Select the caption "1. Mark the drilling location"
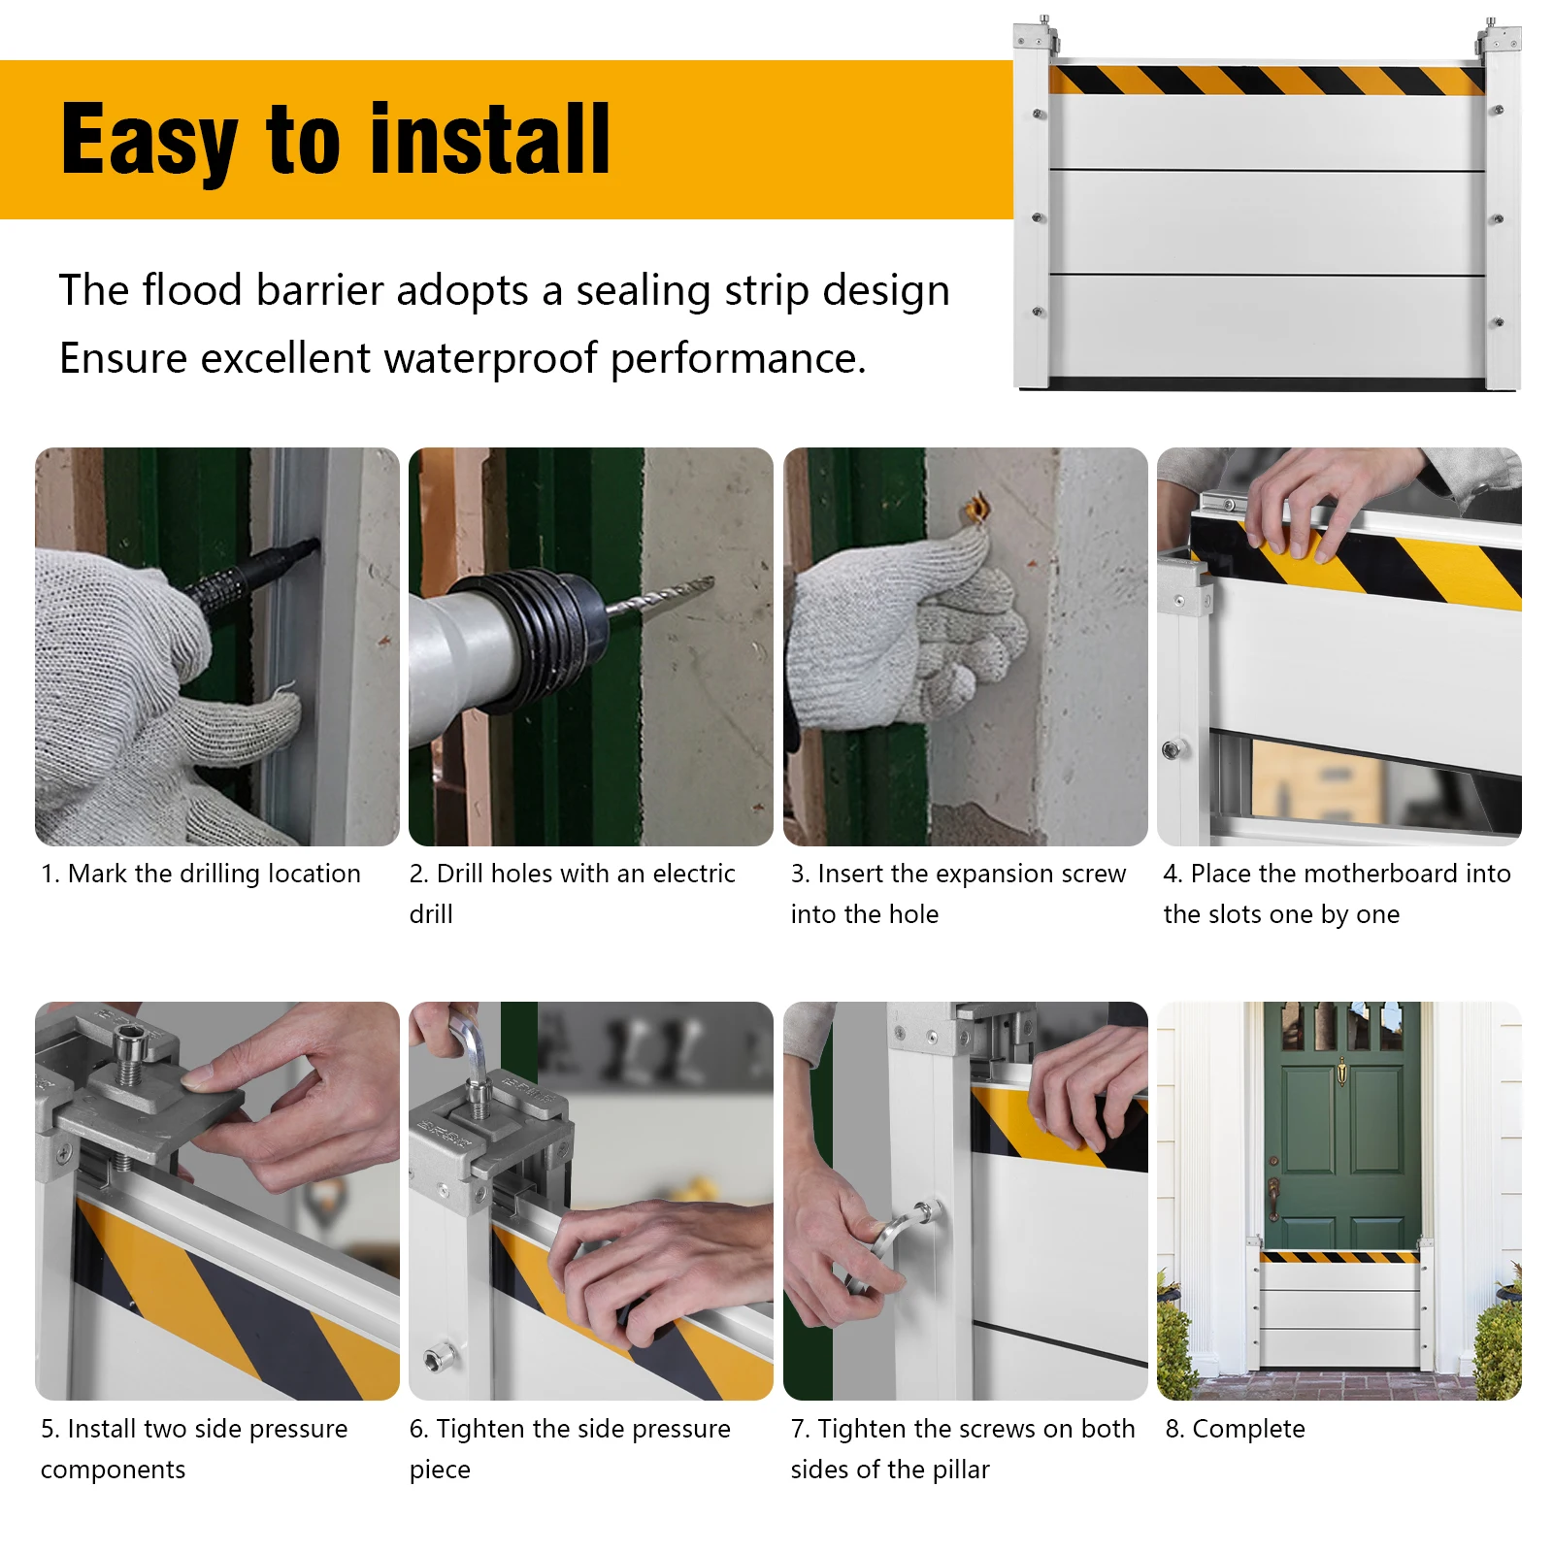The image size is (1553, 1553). click(x=201, y=874)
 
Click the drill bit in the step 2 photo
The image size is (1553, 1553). click(x=661, y=594)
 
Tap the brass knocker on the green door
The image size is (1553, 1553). click(x=1341, y=1072)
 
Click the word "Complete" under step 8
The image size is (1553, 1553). click(x=1248, y=1429)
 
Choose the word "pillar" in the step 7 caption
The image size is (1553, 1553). click(x=961, y=1470)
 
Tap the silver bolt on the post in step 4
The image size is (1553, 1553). click(x=1172, y=749)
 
